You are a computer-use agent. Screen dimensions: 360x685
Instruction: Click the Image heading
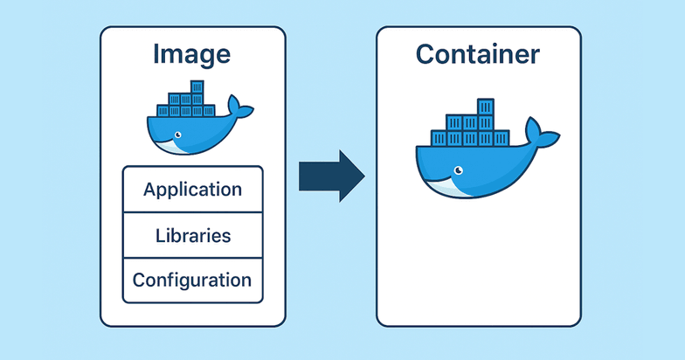191,54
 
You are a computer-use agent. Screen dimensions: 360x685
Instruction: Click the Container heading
477,54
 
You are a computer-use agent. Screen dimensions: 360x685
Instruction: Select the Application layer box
192,189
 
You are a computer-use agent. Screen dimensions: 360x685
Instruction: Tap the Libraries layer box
192,235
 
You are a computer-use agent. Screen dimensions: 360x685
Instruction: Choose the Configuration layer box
192,280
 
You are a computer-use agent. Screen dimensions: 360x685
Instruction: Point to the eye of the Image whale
177,135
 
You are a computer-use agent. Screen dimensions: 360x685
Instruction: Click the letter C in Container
427,54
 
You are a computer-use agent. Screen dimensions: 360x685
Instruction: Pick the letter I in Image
157,54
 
